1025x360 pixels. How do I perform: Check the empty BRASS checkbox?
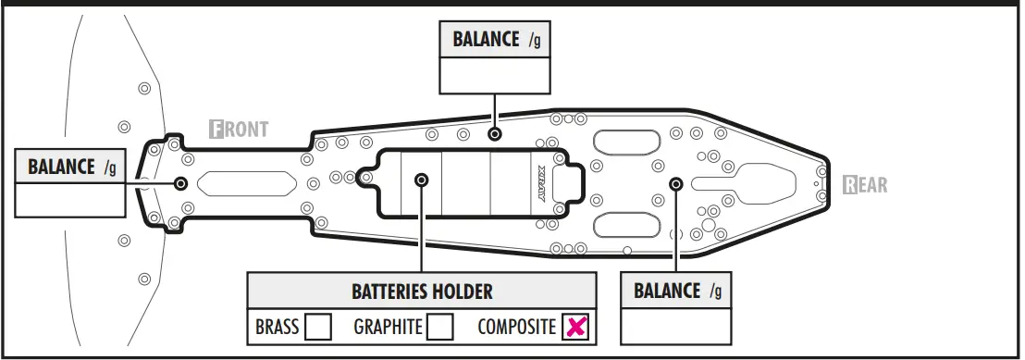(x=318, y=327)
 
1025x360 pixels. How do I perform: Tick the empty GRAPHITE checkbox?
(x=440, y=327)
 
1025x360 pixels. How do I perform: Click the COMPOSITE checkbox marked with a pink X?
(x=575, y=327)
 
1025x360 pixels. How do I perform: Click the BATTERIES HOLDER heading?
(x=422, y=292)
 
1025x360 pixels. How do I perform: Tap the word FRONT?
(x=240, y=130)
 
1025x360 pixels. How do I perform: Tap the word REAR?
(x=866, y=185)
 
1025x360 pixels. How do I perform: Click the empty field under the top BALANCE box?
(x=495, y=75)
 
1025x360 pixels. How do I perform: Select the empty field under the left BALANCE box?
(x=70, y=200)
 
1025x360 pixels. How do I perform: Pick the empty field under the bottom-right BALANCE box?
(x=675, y=326)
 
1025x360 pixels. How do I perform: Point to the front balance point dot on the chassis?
(x=181, y=183)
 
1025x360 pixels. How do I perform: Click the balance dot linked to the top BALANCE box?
(x=495, y=134)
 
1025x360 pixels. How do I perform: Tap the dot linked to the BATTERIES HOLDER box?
(x=422, y=180)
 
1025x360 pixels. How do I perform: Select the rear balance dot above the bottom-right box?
(x=676, y=184)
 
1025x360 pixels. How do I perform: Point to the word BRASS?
(x=278, y=327)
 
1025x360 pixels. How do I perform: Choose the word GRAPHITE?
(x=388, y=327)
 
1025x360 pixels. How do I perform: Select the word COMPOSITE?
(x=516, y=327)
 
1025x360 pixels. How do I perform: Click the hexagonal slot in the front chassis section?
(x=247, y=183)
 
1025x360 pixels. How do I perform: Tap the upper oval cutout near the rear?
(x=626, y=143)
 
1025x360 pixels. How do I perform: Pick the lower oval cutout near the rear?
(x=626, y=225)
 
